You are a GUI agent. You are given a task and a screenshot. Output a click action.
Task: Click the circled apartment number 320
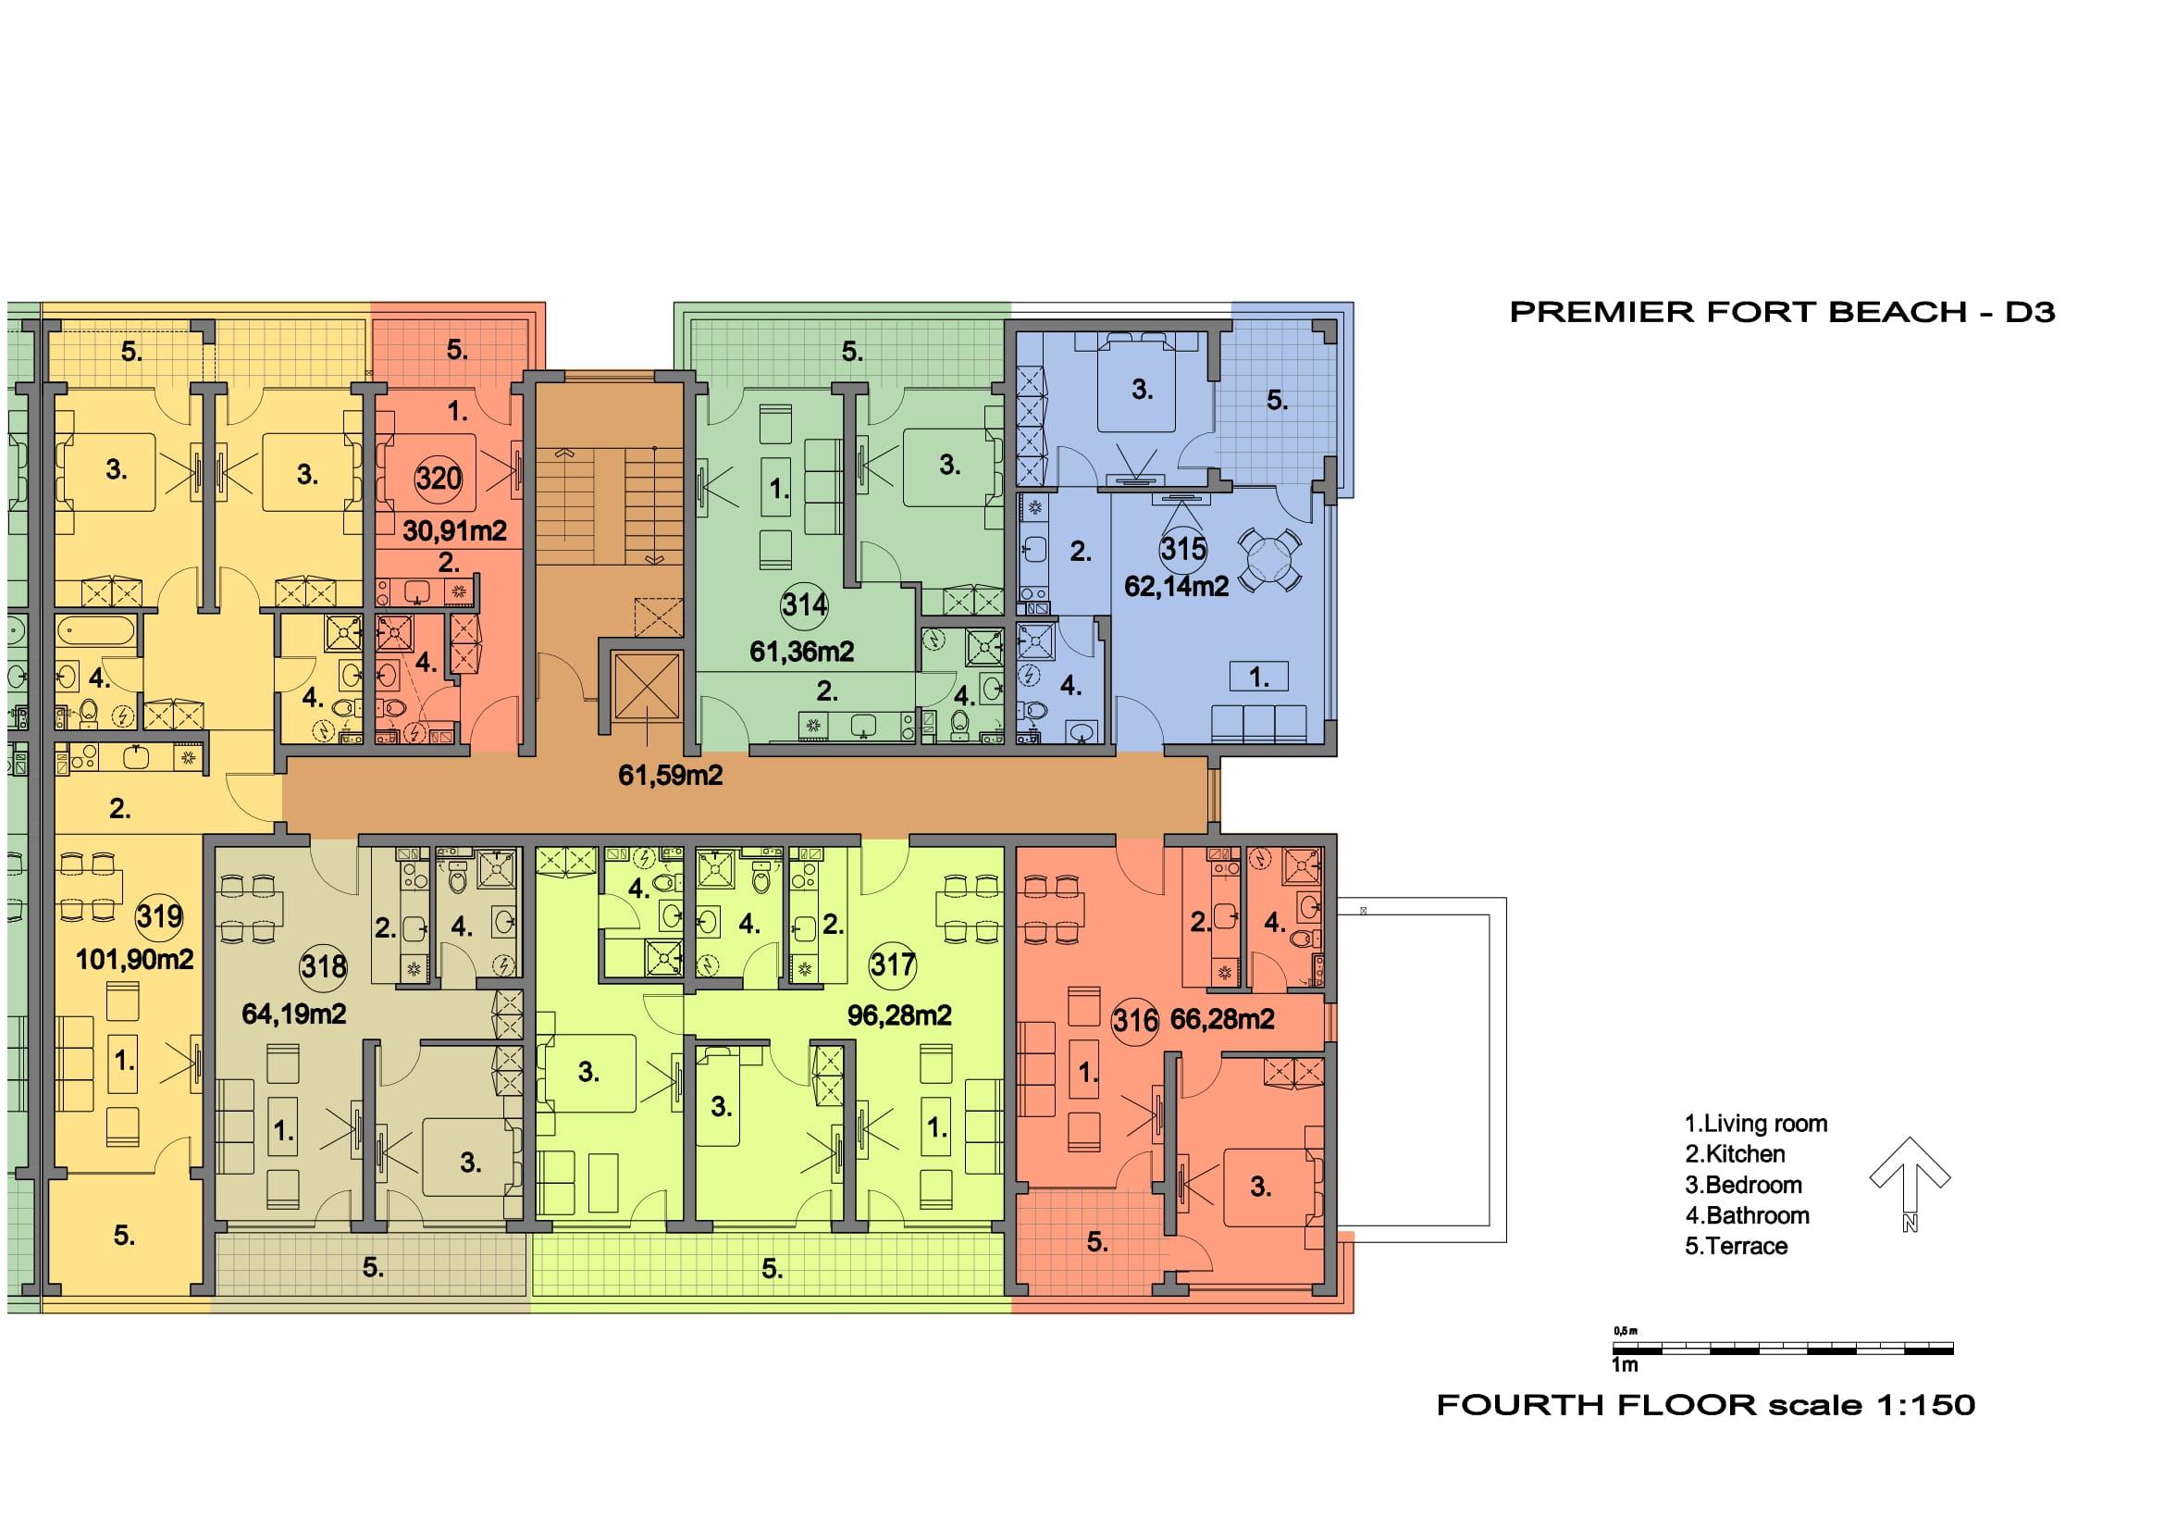coord(439,478)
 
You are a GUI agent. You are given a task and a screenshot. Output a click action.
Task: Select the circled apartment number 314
coord(804,604)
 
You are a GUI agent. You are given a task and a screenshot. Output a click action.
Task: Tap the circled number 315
coord(1183,548)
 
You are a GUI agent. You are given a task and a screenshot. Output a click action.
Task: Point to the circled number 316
coord(1135,1020)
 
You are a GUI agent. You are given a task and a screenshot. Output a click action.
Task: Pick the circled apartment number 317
coord(892,964)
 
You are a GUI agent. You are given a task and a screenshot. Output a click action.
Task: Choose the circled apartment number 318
coord(323,966)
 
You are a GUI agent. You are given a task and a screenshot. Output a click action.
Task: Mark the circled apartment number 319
coord(159,915)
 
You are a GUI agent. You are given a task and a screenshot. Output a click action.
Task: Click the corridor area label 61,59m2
coord(670,775)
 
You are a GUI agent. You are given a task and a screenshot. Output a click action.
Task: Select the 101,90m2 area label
coord(135,960)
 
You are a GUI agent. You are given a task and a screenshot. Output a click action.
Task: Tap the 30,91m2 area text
coord(454,530)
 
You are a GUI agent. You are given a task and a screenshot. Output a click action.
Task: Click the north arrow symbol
coord(1910,1183)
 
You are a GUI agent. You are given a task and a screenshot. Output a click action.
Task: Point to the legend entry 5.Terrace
coord(1736,1245)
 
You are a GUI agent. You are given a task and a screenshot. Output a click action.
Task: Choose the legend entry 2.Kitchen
coord(1735,1154)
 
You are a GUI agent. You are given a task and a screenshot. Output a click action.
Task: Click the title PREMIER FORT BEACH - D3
coord(1782,312)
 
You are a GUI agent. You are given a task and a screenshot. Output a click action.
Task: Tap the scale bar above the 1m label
coord(1782,1349)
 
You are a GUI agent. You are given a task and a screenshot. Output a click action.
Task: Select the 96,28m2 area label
coord(899,1014)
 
